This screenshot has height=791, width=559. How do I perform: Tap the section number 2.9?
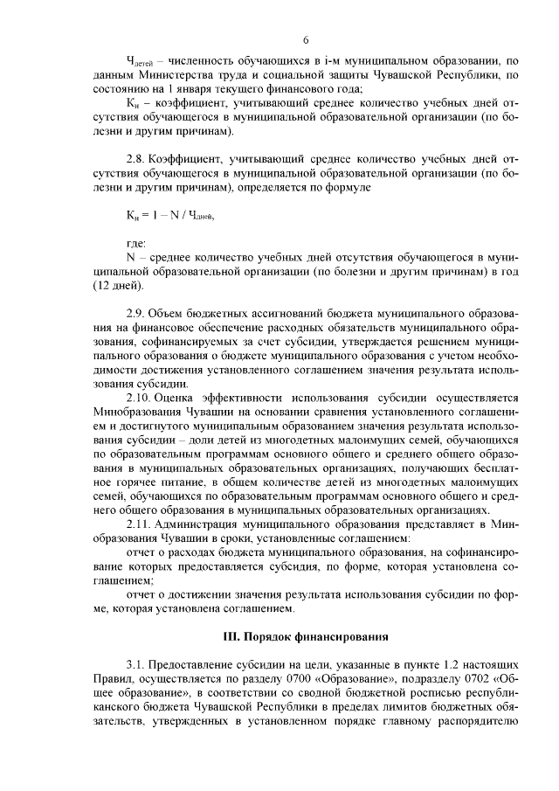click(x=136, y=313)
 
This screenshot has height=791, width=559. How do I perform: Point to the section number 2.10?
click(x=139, y=397)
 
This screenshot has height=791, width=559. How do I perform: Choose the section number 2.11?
click(x=139, y=524)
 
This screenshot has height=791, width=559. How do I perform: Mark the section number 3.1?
click(x=136, y=666)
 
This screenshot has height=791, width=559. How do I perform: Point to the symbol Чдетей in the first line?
click(x=141, y=63)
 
